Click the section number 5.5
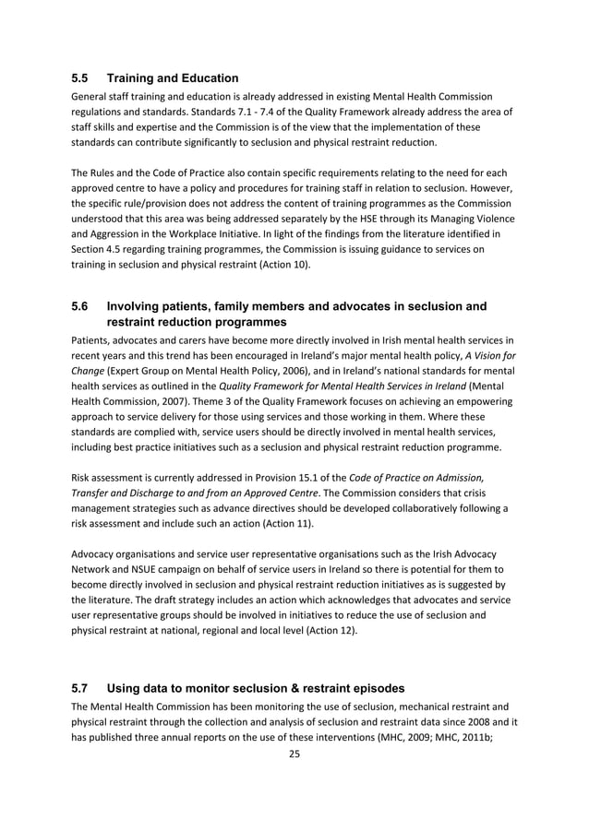(82, 78)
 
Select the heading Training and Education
(173, 78)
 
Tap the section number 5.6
(82, 305)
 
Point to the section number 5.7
(82, 688)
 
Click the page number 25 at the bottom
(294, 754)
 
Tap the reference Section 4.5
(97, 249)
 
